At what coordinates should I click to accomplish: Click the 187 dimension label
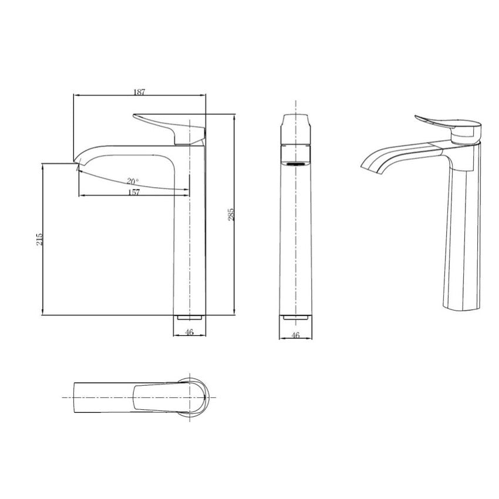pos(139,92)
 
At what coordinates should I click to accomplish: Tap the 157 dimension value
pos(134,192)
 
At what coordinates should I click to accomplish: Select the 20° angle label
pos(133,181)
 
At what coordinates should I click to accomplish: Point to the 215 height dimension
pos(39,239)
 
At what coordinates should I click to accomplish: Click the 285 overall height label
pos(231,214)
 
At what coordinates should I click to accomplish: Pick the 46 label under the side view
pos(190,332)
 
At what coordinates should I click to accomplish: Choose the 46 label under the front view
pos(296,335)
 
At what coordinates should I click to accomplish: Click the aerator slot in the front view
pos(296,164)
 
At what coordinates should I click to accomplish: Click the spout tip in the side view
pos(76,161)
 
